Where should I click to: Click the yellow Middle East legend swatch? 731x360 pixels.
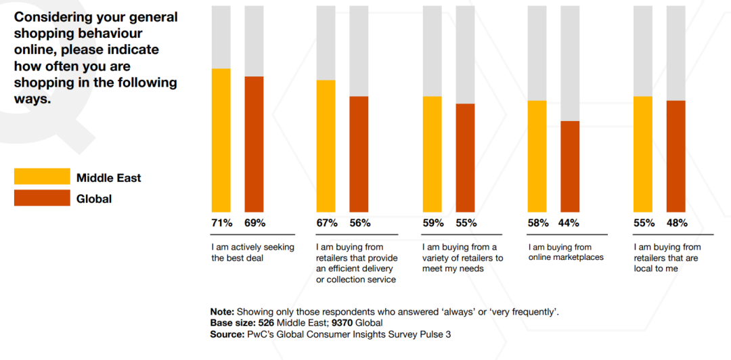[x=42, y=177]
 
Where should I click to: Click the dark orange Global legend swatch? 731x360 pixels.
[x=42, y=198]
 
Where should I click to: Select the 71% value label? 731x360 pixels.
[x=222, y=223]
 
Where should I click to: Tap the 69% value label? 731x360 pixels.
[x=254, y=223]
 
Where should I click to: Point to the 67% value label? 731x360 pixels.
[x=327, y=223]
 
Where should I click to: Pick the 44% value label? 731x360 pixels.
[x=570, y=223]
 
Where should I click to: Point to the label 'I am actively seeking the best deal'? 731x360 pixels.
[x=252, y=252]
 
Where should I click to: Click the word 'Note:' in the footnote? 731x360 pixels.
[x=222, y=312]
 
